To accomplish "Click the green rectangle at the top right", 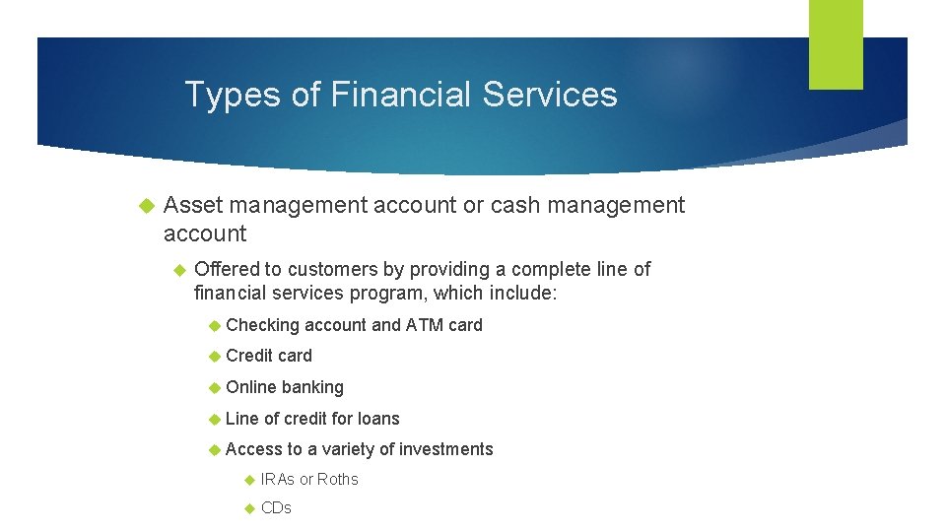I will tap(836, 44).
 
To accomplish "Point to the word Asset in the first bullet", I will tap(193, 205).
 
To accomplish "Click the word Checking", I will tap(262, 325).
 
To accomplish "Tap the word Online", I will tap(251, 387).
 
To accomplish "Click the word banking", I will tap(312, 387).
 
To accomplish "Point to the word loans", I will tap(378, 419).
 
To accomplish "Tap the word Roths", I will tap(338, 480).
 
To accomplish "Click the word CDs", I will tap(276, 508).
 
